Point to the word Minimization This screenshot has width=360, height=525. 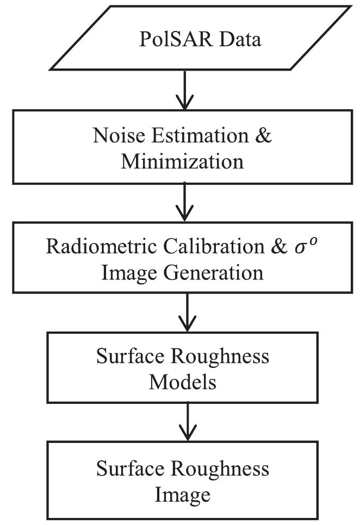[x=182, y=161]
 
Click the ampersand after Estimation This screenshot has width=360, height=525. [x=263, y=135]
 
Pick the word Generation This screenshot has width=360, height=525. [x=213, y=271]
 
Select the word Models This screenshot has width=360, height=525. [x=183, y=382]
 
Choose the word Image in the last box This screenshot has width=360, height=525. [x=183, y=494]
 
